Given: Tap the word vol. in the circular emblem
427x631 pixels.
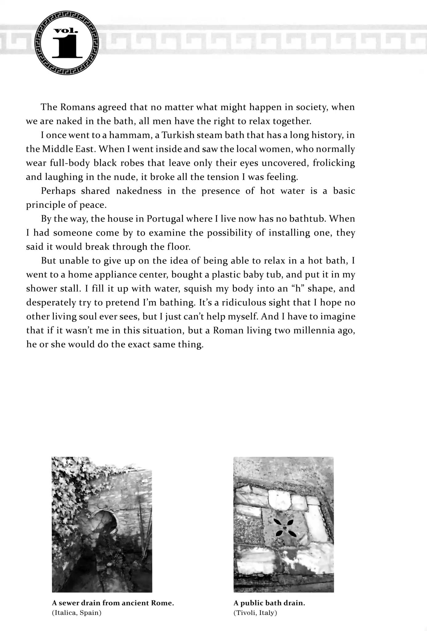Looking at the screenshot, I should pyautogui.click(x=66, y=31).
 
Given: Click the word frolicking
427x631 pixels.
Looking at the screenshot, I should pyautogui.click(x=334, y=163).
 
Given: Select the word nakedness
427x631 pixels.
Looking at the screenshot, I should pyautogui.click(x=139, y=191).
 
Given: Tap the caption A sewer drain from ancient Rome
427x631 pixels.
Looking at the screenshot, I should pyautogui.click(x=113, y=603).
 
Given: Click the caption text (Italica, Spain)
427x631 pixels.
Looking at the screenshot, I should pyautogui.click(x=77, y=613).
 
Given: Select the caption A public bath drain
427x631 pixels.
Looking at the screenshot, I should pyautogui.click(x=269, y=603).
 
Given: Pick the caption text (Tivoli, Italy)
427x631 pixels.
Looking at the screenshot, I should pyautogui.click(x=255, y=613).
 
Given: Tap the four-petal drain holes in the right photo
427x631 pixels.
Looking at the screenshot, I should pyautogui.click(x=284, y=527).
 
